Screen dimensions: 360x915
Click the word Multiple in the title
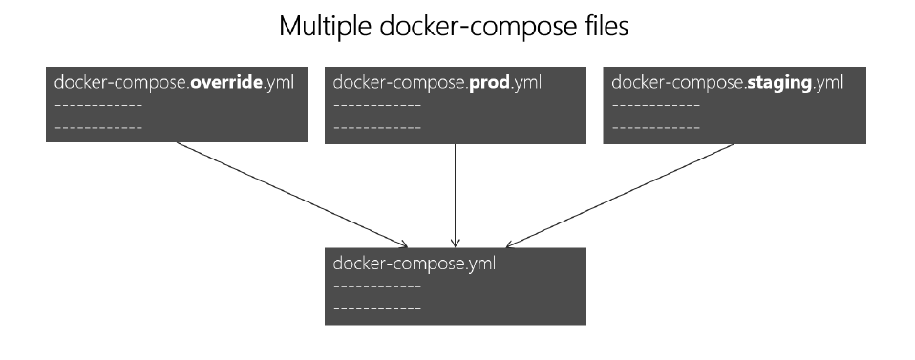pos(323,27)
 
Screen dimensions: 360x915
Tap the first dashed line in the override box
pos(98,105)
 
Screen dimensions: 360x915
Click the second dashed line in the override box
pos(98,126)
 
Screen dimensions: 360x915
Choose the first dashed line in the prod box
pos(376,105)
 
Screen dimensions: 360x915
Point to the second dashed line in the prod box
pos(376,126)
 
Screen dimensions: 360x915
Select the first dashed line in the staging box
pos(655,105)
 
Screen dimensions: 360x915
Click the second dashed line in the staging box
pos(655,126)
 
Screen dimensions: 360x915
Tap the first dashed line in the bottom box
pos(376,286)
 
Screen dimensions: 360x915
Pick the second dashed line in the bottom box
pos(376,308)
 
